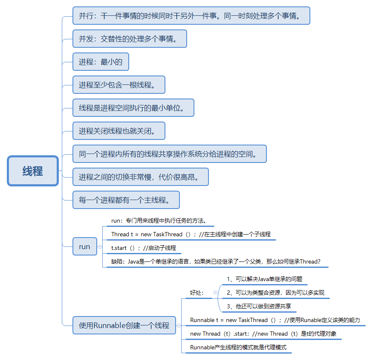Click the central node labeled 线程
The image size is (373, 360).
32,171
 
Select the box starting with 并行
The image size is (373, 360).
191,16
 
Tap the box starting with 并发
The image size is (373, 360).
130,39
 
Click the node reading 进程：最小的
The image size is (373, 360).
101,62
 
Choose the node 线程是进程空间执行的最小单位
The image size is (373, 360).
133,108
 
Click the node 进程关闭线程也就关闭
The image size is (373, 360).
119,131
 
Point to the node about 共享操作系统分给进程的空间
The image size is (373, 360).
169,154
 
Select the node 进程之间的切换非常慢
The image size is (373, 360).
140,177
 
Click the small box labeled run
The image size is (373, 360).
84,247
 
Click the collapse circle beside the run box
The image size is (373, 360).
100,247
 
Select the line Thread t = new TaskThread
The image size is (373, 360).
191,234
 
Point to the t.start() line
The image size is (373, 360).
144,248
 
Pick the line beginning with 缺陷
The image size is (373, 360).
216,261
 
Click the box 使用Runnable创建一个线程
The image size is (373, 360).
124,325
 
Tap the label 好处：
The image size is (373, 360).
197,293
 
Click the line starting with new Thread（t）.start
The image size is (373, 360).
263,334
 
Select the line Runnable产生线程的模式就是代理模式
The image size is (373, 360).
238,347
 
